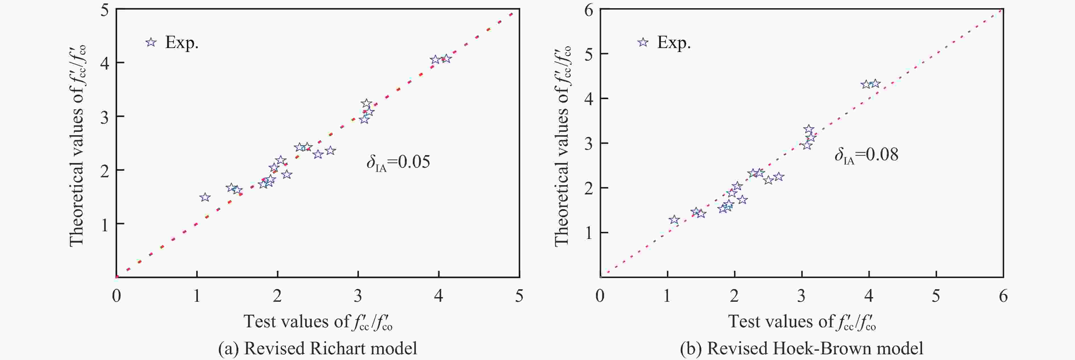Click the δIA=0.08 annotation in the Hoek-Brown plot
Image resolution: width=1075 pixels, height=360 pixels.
(x=866, y=155)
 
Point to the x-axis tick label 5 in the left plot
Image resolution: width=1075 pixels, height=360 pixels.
(x=519, y=296)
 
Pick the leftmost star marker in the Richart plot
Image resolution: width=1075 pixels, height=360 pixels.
(x=205, y=197)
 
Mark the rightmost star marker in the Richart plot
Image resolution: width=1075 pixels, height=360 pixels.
(x=446, y=59)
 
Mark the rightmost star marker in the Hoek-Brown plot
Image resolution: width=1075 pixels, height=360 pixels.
(x=875, y=84)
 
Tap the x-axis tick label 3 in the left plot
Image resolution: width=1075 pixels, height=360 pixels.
(x=358, y=296)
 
